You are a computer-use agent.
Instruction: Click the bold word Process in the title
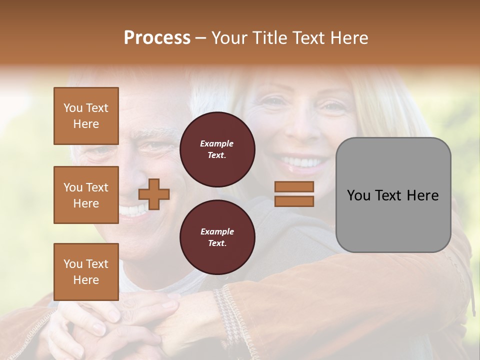click(x=157, y=38)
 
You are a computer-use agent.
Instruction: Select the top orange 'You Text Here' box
click(x=86, y=116)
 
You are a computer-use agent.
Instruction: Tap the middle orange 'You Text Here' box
click(x=86, y=195)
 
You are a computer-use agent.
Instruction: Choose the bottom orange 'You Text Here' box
click(x=86, y=272)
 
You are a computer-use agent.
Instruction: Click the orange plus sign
click(x=154, y=194)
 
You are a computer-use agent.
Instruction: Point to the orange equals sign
click(x=294, y=194)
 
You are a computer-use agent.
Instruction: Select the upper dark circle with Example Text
click(x=217, y=149)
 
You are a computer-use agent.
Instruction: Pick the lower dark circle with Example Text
click(x=217, y=237)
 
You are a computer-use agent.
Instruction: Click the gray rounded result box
click(x=393, y=195)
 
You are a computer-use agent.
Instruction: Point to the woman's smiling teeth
click(x=300, y=162)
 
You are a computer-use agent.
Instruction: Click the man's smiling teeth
click(x=133, y=210)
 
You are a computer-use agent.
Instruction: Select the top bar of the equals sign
click(x=294, y=187)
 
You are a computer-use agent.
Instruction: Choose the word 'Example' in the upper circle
click(x=217, y=143)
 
